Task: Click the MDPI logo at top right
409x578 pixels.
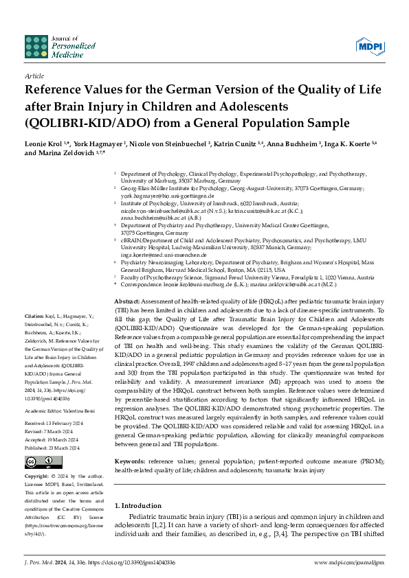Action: (370, 46)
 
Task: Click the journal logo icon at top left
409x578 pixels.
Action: (36, 46)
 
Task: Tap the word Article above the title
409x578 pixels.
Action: (34, 76)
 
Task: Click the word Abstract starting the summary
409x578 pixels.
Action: (128, 302)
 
